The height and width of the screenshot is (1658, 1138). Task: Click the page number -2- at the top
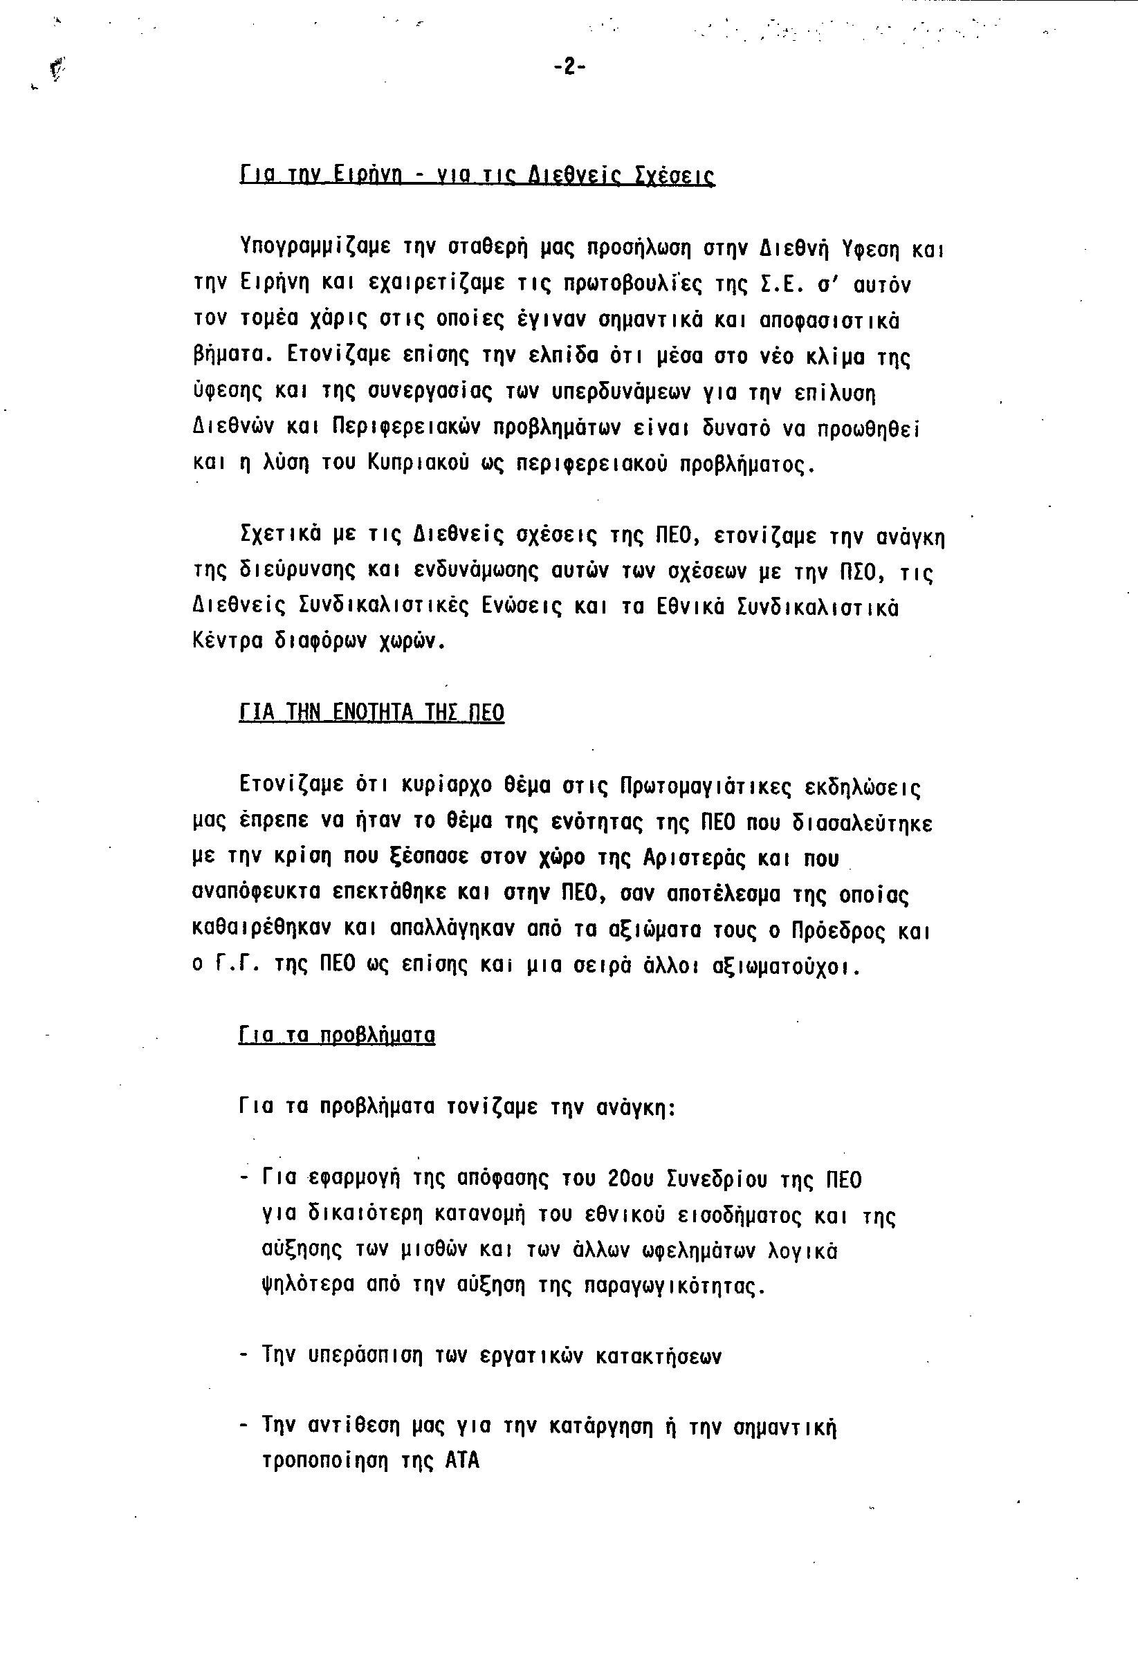point(569,67)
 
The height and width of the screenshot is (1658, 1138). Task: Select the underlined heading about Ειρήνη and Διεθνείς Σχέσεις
point(477,176)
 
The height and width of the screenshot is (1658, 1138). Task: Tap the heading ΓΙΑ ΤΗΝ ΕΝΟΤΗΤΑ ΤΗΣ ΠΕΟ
point(371,712)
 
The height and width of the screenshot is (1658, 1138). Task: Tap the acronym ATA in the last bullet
point(462,1460)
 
